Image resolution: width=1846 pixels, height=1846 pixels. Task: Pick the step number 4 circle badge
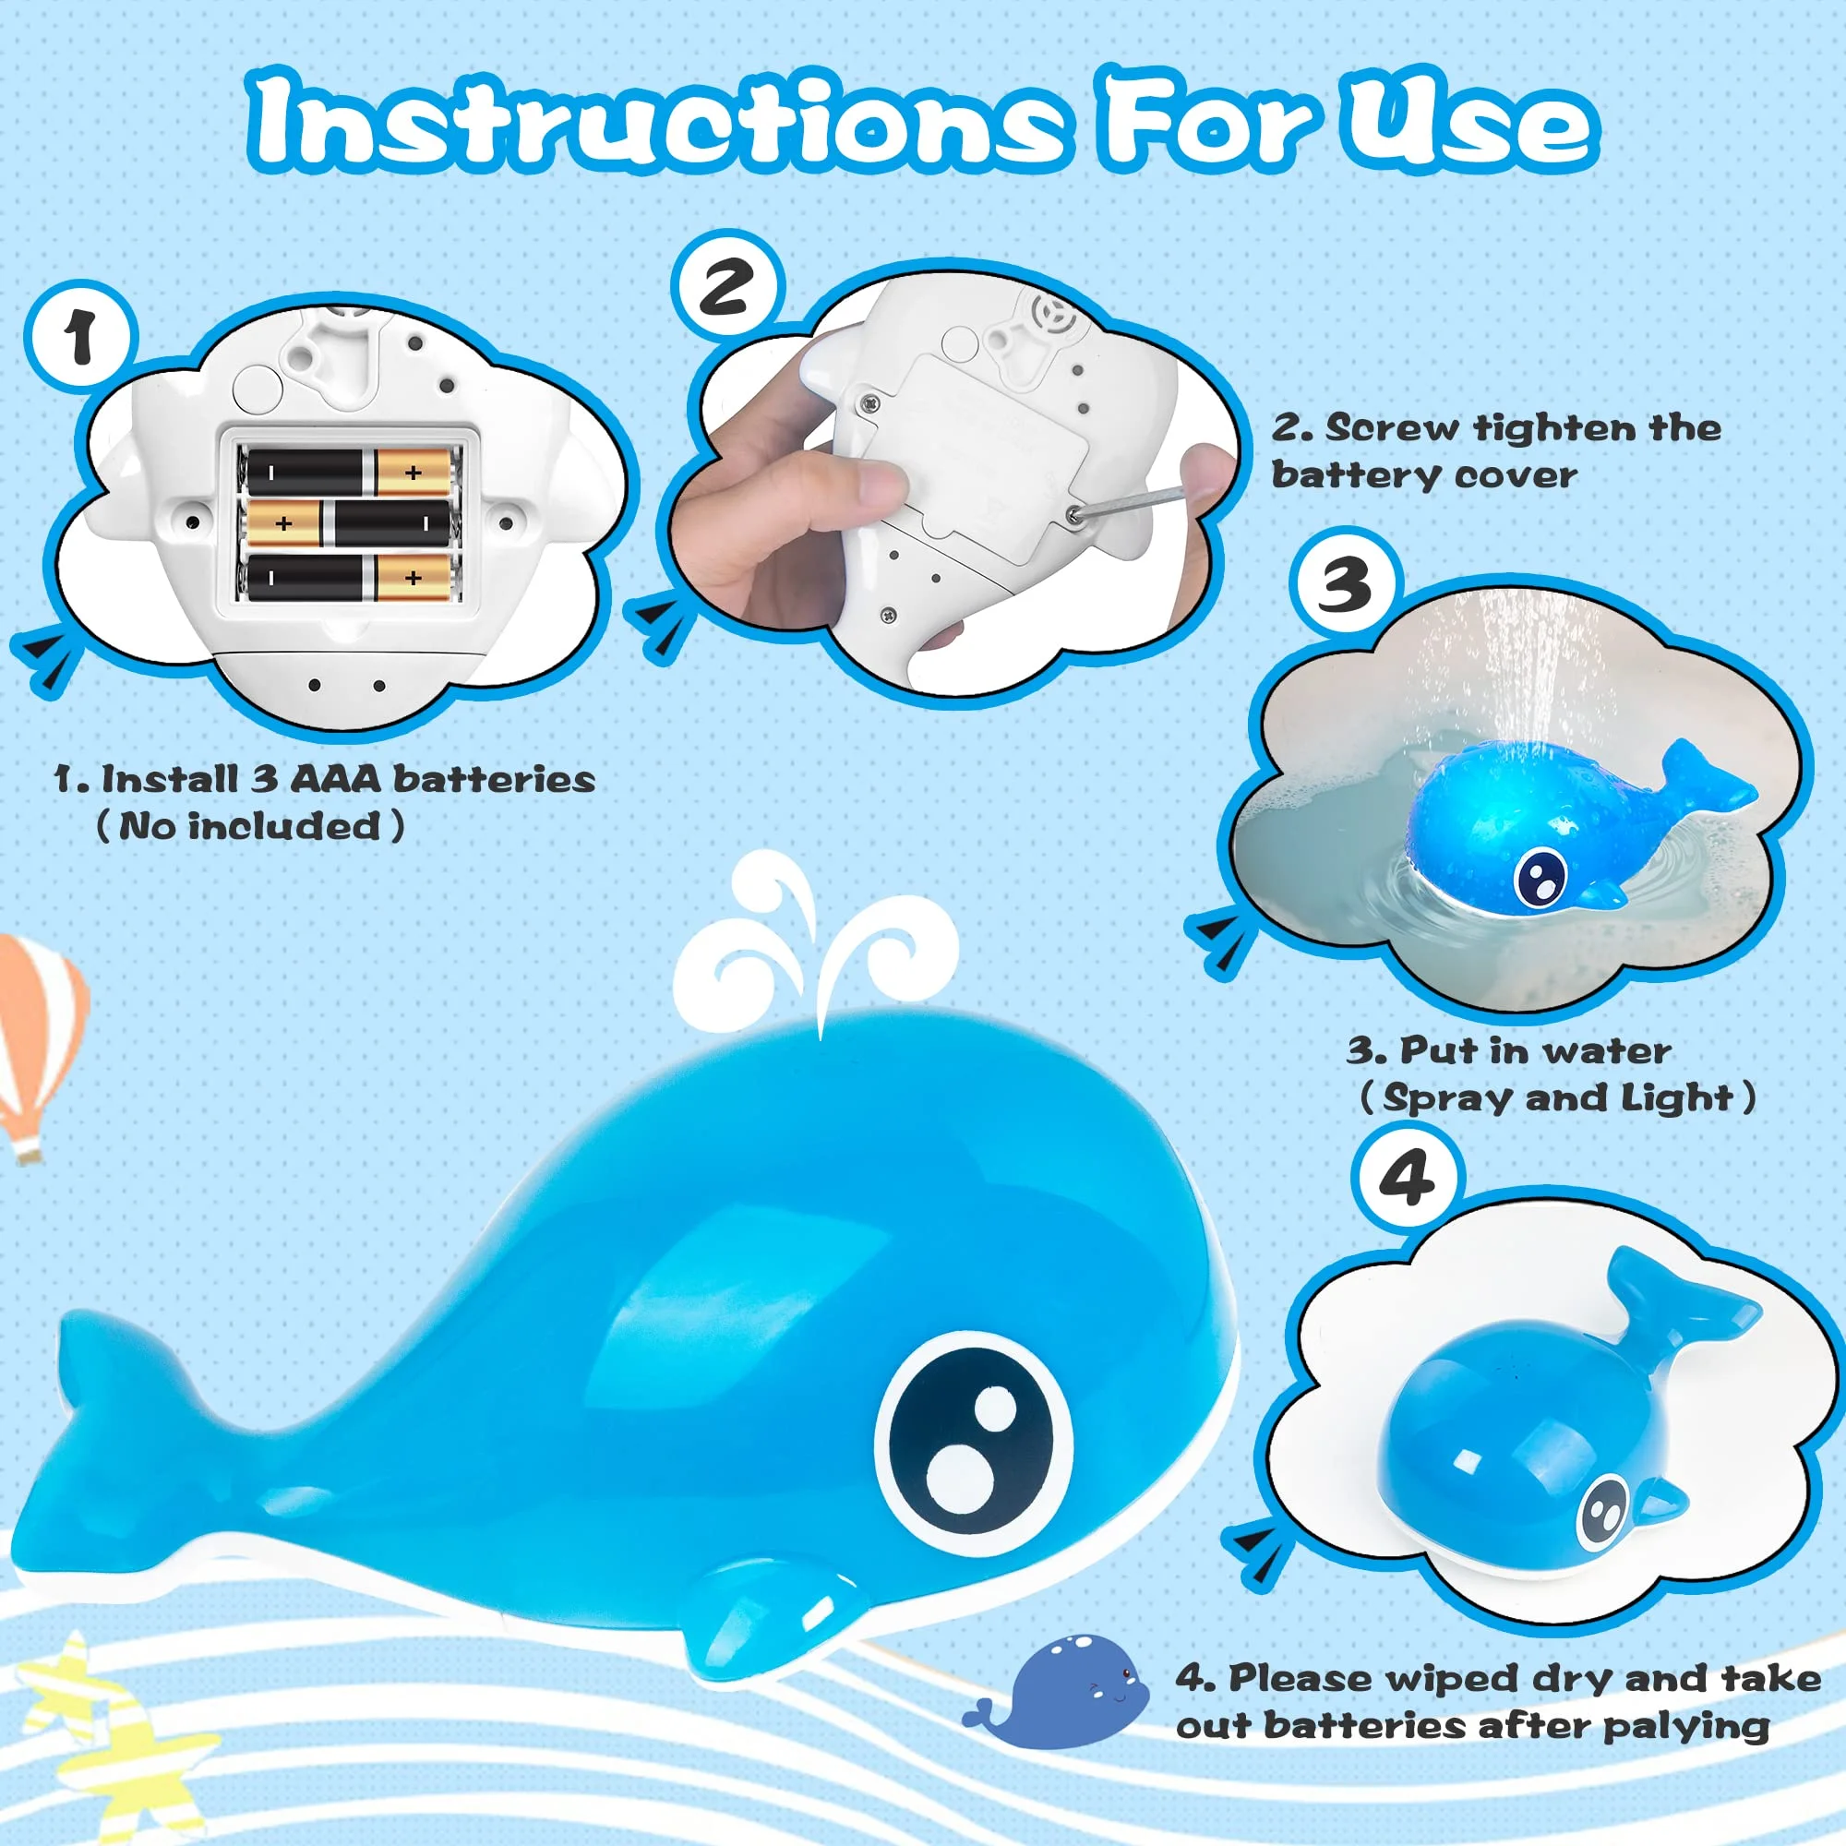point(1408,1178)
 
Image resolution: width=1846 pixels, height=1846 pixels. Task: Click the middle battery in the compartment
point(349,522)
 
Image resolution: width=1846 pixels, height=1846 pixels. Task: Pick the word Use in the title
point(1472,123)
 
